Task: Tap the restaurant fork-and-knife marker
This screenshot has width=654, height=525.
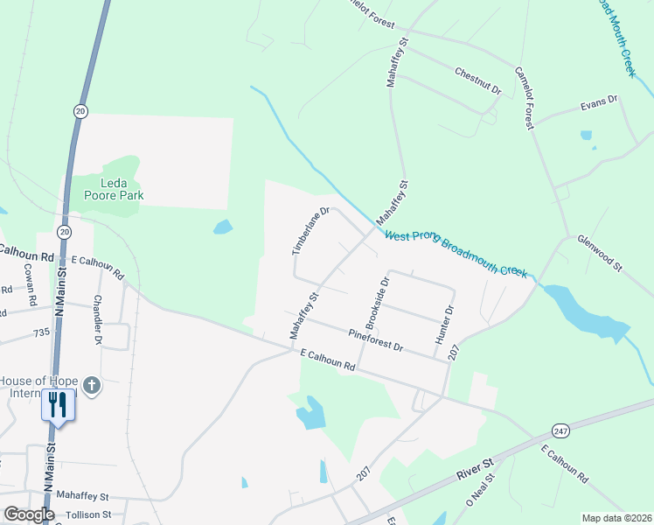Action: [x=58, y=404]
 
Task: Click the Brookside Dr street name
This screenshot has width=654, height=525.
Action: [x=373, y=300]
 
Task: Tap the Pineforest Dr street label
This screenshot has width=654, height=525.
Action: [x=375, y=340]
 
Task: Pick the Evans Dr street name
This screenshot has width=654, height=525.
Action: [x=599, y=104]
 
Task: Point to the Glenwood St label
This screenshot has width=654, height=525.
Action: [x=599, y=252]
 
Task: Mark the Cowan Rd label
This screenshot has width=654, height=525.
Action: [x=30, y=284]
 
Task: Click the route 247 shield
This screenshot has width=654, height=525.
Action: [x=560, y=430]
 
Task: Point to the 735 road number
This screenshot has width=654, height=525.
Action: [x=42, y=333]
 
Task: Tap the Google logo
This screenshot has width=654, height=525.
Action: [x=28, y=514]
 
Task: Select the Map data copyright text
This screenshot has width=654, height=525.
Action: [x=616, y=518]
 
